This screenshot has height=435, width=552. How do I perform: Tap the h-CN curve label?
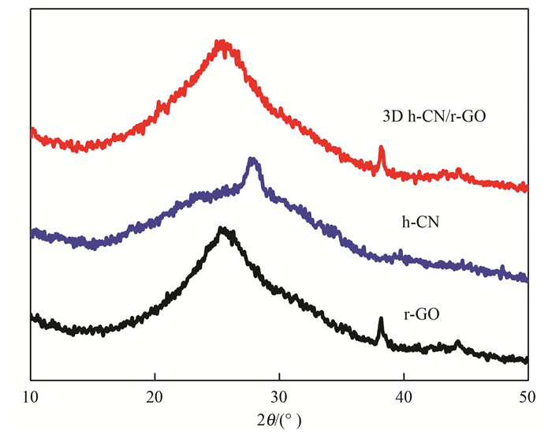pyautogui.click(x=420, y=223)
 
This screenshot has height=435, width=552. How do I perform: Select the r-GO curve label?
pyautogui.click(x=421, y=313)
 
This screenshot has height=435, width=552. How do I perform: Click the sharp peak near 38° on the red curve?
pyautogui.click(x=381, y=148)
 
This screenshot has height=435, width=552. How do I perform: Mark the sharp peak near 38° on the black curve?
pyautogui.click(x=381, y=320)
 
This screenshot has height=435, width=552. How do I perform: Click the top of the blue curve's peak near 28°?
pyautogui.click(x=252, y=160)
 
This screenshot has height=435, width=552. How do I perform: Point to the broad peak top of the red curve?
pyautogui.click(x=223, y=44)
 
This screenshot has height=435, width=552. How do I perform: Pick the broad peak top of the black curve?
pyautogui.click(x=223, y=231)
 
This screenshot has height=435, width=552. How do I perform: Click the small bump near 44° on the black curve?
pyautogui.click(x=458, y=343)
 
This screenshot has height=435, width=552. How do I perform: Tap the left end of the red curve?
pyautogui.click(x=32, y=131)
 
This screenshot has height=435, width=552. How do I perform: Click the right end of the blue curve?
pyautogui.click(x=526, y=279)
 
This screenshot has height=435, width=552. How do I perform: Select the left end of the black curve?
pyautogui.click(x=32, y=317)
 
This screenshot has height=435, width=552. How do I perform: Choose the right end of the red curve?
pyautogui.click(x=526, y=188)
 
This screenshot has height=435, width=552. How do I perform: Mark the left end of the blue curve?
pyautogui.click(x=32, y=233)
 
